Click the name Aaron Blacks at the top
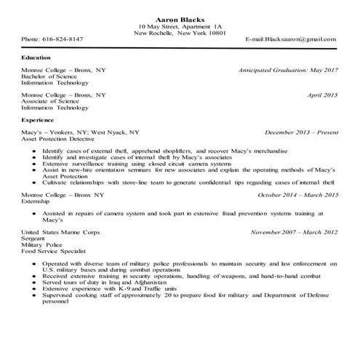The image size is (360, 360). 180,18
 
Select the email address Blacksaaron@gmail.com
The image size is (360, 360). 291,39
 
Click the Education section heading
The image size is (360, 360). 36,57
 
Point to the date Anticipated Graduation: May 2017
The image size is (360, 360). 288,71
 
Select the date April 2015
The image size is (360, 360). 323,95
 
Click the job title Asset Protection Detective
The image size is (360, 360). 60,139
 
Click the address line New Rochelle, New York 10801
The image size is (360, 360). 180,33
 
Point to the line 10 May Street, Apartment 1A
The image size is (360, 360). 180,26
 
